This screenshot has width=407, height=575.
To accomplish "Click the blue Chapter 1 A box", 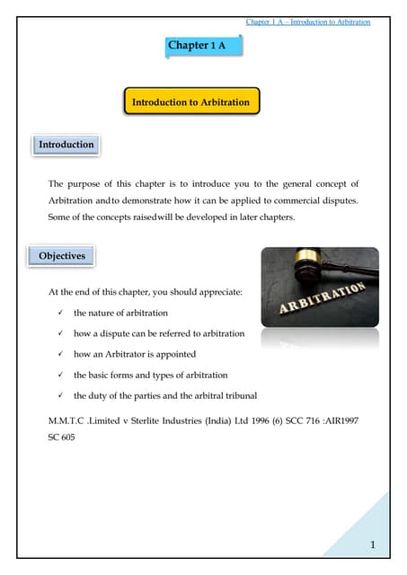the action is [203, 45].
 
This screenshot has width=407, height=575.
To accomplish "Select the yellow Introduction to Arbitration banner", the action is [191, 103].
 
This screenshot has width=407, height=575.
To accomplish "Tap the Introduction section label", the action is [66, 144].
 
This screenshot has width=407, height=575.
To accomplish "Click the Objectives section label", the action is [62, 256].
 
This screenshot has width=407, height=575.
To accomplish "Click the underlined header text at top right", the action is [307, 22].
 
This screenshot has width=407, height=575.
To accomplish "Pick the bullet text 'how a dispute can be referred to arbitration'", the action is [158, 333].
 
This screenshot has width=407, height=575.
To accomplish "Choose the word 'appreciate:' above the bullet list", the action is [211, 292].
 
